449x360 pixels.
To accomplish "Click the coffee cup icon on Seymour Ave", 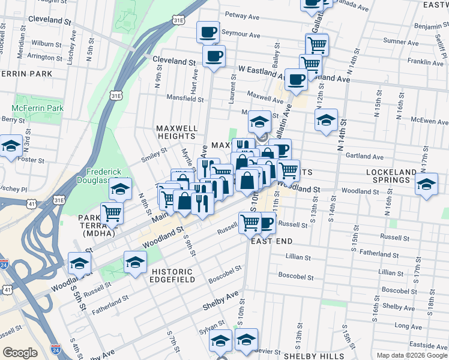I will coord(208,32).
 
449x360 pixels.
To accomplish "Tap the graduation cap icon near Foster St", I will coord(10,146).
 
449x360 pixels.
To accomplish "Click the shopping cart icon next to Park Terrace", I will coord(112,212).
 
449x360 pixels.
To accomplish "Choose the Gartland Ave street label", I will coord(364,156).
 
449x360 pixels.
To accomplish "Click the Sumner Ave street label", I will coord(396,41).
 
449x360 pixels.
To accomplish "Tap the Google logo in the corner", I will coord(20,353).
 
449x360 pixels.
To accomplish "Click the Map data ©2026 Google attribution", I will coord(411,355).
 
